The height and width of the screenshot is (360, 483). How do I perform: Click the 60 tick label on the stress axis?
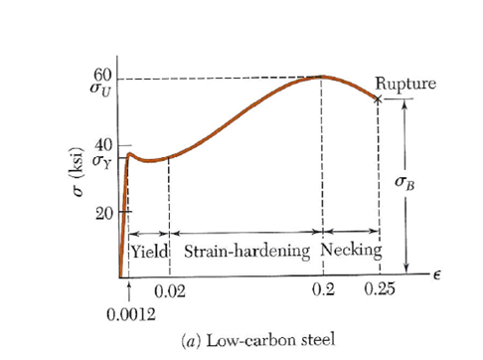tap(102, 74)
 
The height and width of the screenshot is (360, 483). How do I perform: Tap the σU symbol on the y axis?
tap(102, 90)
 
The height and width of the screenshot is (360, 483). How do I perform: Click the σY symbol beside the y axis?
tap(102, 160)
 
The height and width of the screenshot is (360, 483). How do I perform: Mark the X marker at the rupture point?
tap(378, 97)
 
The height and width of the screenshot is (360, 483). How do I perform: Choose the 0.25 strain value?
tap(379, 289)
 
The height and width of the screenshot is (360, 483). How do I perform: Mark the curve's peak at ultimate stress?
tap(321, 77)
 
